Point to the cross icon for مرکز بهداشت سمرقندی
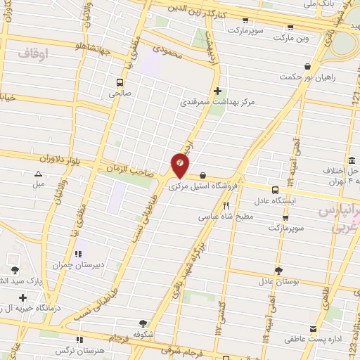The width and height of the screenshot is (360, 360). pyautogui.click(x=217, y=90)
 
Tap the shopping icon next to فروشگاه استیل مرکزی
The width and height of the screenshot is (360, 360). pyautogui.click(x=202, y=176)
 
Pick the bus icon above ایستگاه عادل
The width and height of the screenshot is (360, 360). pyautogui.click(x=274, y=190)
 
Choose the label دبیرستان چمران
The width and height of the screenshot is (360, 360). pyautogui.click(x=77, y=265)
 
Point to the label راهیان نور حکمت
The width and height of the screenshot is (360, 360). pyautogui.click(x=309, y=77)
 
